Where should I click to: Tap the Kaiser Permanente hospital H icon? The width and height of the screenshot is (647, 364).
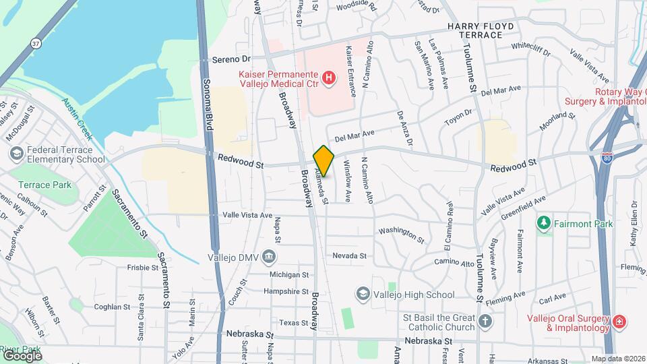point(329,79)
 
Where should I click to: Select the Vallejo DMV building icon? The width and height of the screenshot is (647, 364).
point(268,255)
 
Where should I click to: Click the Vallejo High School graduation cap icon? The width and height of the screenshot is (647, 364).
point(363,294)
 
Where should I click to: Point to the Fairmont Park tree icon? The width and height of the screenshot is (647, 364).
point(543,222)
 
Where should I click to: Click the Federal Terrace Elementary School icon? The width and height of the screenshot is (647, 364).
point(16,154)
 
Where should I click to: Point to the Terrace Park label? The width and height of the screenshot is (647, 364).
point(44,185)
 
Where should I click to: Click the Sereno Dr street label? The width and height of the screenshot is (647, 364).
point(231,59)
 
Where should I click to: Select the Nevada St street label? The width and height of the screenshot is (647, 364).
point(349,256)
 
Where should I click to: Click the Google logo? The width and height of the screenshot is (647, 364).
point(22,355)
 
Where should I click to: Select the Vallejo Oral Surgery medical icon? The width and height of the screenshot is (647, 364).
point(619,324)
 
